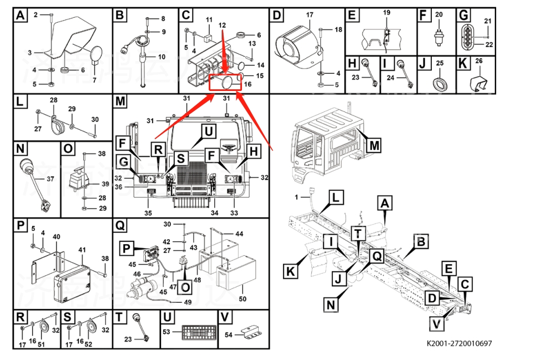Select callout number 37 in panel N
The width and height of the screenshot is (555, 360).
pyautogui.click(x=49, y=179)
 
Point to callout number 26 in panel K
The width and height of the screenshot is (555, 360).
pyautogui.click(x=479, y=60)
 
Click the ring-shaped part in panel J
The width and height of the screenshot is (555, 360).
pyautogui.click(x=440, y=84)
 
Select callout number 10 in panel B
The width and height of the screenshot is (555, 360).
pyautogui.click(x=162, y=57)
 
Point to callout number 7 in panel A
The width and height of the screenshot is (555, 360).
pyautogui.click(x=94, y=81)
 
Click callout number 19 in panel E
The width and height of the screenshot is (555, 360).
pyautogui.click(x=387, y=12)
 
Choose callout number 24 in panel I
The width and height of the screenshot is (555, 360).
pyautogui.click(x=390, y=78)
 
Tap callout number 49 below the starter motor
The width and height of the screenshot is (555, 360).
pyautogui.click(x=187, y=302)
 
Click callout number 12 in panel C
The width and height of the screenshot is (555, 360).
pyautogui.click(x=222, y=26)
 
